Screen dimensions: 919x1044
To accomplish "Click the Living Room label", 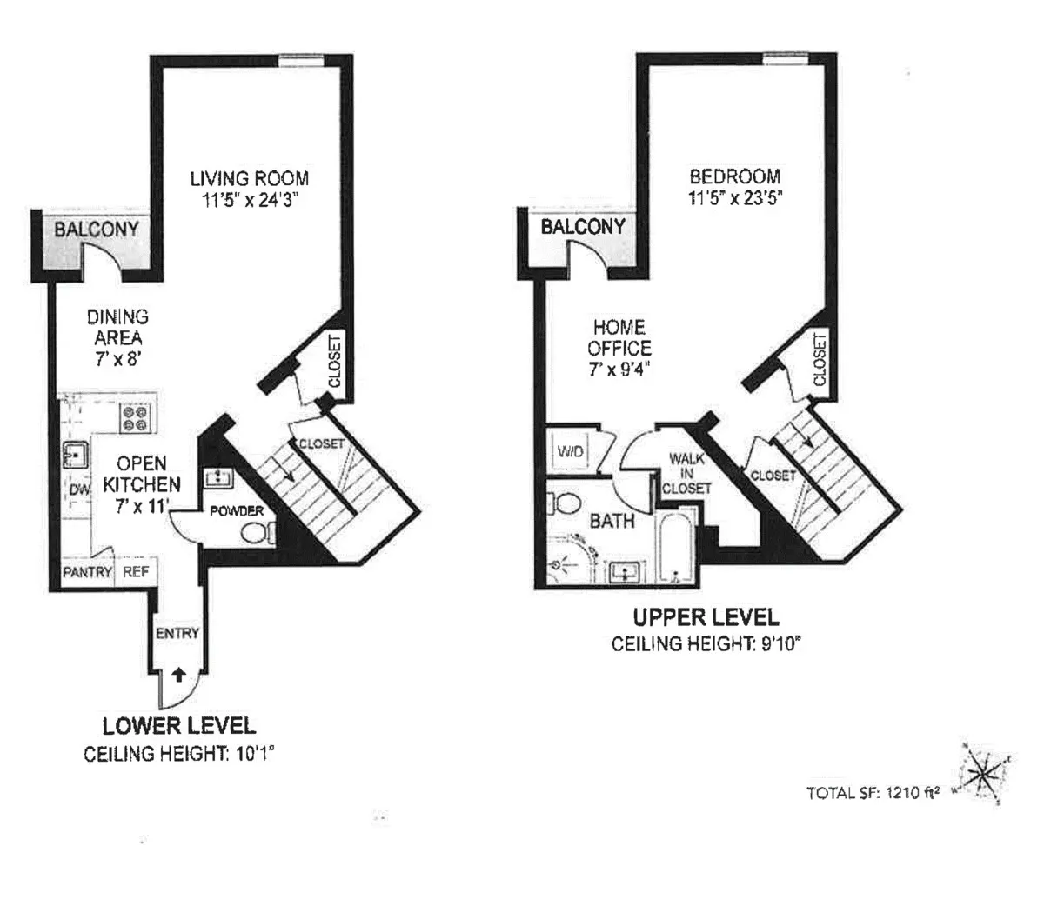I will tap(249, 178).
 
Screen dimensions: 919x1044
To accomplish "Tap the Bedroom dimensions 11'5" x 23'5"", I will tap(735, 197).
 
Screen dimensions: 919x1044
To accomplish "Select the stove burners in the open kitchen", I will tap(135, 418).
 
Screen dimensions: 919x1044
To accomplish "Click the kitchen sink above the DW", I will tap(73, 455).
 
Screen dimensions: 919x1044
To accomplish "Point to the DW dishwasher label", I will tap(79, 490).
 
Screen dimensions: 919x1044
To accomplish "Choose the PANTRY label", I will tap(87, 572).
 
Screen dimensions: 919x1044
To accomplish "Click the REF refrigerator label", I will tap(136, 572).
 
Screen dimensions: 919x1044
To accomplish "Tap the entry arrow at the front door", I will tap(179, 672).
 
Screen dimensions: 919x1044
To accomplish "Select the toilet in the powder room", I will tap(254, 532).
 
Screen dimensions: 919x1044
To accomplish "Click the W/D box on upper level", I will tap(570, 452).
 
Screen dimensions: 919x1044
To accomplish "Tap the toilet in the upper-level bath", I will tap(566, 504).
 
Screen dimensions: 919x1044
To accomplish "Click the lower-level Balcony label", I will tap(96, 230).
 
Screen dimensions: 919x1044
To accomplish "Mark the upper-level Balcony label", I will tap(583, 227).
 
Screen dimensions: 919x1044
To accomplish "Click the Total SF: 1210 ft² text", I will tap(873, 792).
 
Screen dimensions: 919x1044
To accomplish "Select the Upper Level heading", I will tap(706, 618).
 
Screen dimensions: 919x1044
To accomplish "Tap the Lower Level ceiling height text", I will tap(178, 754).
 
